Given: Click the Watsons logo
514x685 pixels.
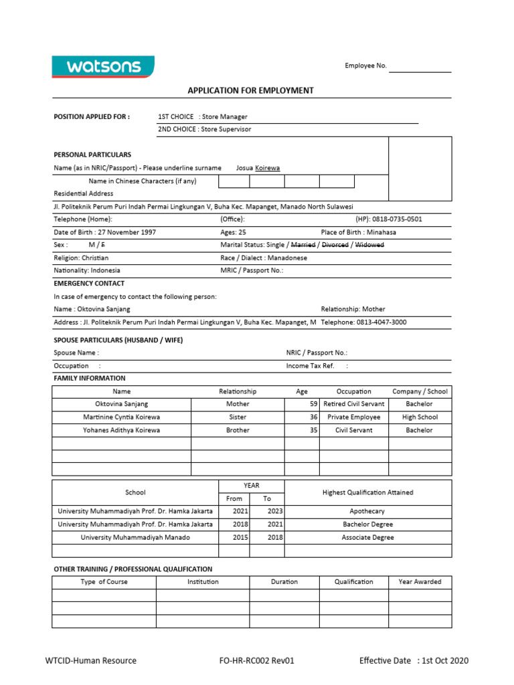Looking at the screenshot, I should coord(103,66).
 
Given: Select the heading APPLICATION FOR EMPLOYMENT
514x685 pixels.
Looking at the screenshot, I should coord(250,90).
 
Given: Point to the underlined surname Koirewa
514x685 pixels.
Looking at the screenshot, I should coord(268,168).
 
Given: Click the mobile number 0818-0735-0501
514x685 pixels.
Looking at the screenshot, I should coord(398,219).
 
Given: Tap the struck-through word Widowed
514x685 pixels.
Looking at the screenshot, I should coord(369,245).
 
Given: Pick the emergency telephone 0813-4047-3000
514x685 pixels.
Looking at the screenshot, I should coord(381,322).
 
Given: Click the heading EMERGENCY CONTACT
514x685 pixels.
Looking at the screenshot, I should coord(89,284).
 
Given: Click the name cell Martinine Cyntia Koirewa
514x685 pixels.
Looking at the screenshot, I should coord(121,417).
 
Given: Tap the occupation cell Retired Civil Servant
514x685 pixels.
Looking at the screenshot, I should coord(353,404).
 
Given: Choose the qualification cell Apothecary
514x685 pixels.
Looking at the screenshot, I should coord(367,511).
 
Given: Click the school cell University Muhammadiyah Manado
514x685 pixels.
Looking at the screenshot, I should coord(135,537).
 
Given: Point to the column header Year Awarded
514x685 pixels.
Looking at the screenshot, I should coord(420,581).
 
